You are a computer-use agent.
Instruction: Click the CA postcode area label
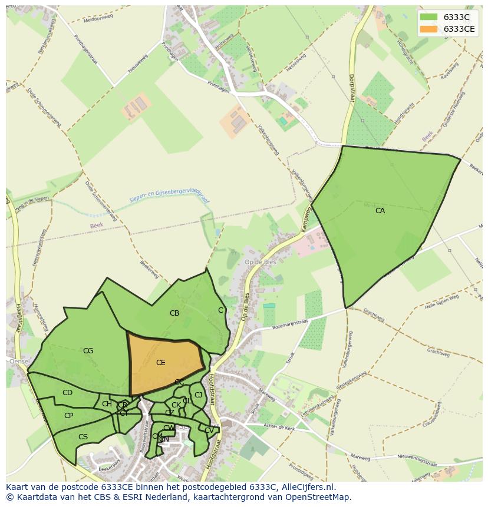380,210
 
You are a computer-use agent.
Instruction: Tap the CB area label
174,313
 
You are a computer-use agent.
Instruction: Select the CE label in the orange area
161,363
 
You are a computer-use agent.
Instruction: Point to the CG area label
88,351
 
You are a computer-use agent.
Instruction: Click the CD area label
67,393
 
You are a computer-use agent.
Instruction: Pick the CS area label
83,437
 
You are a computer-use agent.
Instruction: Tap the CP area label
68,415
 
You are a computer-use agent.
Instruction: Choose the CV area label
209,430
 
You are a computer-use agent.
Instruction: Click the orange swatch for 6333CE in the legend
428,29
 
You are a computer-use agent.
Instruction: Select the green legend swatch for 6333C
428,17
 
